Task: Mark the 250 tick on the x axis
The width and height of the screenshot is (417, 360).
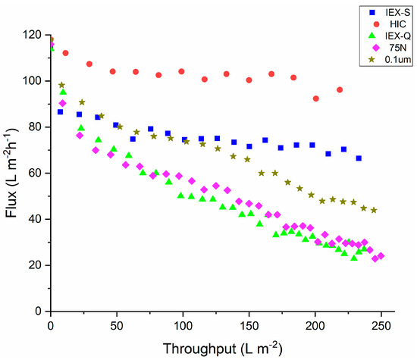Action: point(381,324)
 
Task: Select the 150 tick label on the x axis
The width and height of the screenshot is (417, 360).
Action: point(249,324)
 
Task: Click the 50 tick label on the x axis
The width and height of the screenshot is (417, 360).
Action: point(116,324)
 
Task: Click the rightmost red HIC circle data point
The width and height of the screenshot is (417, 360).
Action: point(340,90)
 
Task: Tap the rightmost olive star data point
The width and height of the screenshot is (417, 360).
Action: point(373,210)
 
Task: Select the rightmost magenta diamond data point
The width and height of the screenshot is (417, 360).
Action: point(381,256)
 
